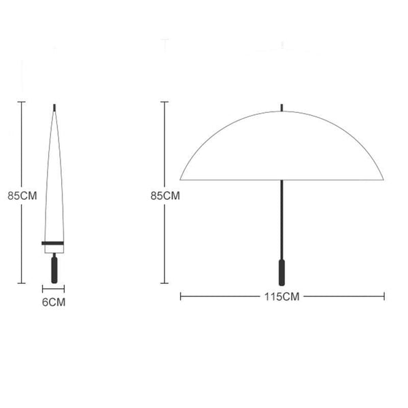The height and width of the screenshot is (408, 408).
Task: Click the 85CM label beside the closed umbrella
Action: point(22,195)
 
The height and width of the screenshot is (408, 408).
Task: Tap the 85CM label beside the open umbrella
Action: point(165,195)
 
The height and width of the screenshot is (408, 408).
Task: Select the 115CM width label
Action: point(282,296)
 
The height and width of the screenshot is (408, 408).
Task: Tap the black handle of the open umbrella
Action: point(282,271)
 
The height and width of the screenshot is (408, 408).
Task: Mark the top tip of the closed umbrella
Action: point(54,107)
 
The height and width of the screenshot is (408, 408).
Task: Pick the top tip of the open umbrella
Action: point(282,107)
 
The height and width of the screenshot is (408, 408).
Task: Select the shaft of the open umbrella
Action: point(282,218)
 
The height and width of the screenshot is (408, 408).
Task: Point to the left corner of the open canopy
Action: point(181,179)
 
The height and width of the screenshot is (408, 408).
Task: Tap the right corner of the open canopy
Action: point(383,179)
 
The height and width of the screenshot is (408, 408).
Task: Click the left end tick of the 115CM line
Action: point(180,296)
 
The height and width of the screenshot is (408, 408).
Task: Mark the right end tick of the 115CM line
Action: point(385,296)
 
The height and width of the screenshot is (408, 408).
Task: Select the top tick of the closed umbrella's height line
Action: point(22,102)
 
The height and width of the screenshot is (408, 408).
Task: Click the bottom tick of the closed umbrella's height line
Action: point(22,283)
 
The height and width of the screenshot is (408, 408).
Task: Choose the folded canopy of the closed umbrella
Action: point(54,184)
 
